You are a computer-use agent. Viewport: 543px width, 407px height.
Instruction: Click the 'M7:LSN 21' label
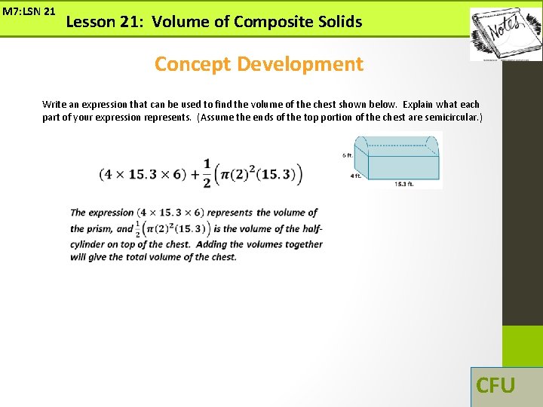(x=29, y=12)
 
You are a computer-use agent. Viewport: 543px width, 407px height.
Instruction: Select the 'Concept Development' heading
(x=259, y=64)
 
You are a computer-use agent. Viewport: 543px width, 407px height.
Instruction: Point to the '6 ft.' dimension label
(x=347, y=155)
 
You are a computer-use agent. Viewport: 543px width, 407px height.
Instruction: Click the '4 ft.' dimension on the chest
(x=355, y=175)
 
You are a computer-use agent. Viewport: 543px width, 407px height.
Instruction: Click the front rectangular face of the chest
(x=403, y=167)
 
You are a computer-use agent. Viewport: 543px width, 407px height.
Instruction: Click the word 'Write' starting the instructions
(x=54, y=105)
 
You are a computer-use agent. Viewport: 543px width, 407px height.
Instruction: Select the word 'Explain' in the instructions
(x=418, y=105)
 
